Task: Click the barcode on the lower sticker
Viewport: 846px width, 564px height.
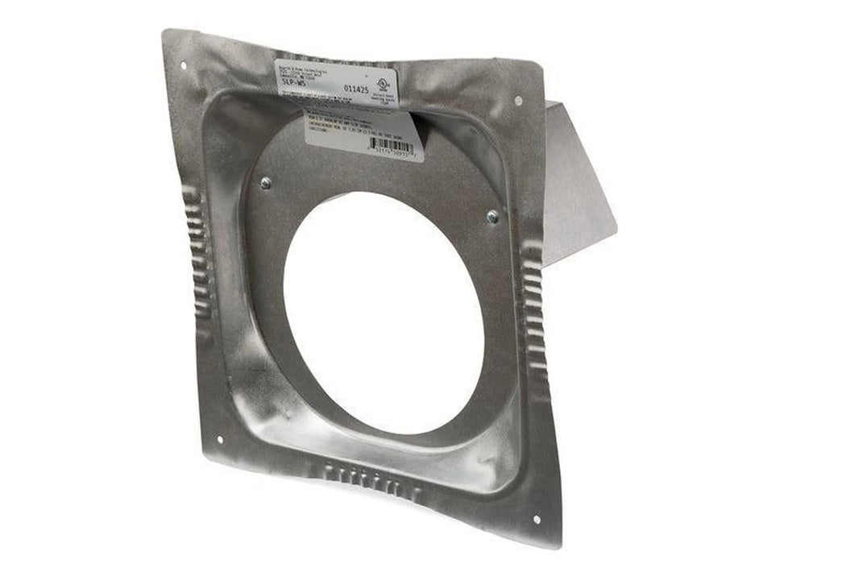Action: click(394, 147)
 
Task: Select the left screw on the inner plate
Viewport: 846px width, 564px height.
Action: click(265, 183)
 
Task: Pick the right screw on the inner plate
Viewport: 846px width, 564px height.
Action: click(492, 216)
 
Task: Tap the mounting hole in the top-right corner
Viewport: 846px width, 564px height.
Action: click(517, 101)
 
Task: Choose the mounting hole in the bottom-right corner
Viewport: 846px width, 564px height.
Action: click(537, 519)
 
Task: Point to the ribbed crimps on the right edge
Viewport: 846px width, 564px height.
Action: click(532, 298)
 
